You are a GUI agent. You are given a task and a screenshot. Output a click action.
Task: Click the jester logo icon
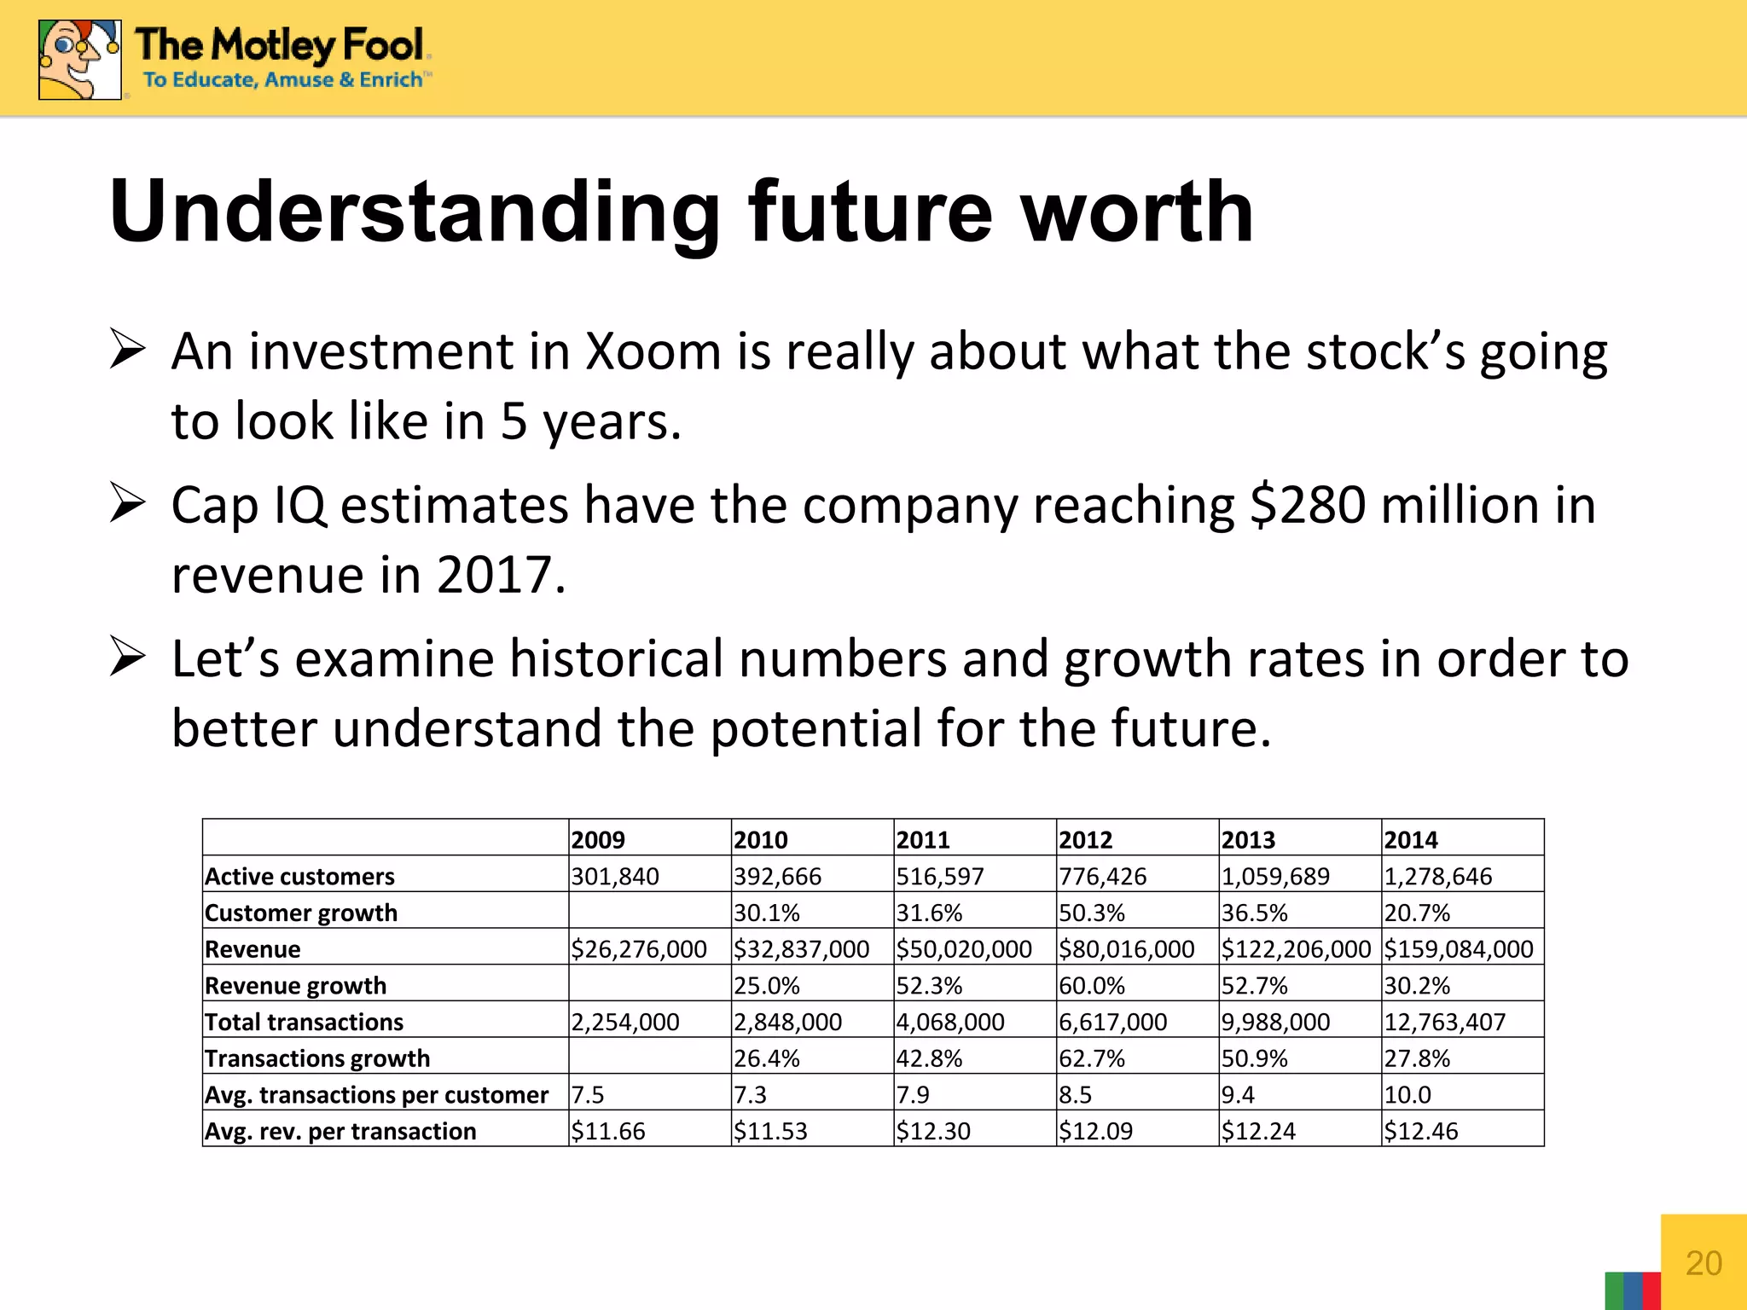(x=79, y=60)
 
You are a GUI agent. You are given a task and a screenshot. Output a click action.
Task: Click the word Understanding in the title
(x=415, y=212)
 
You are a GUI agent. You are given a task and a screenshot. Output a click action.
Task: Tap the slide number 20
(x=1703, y=1263)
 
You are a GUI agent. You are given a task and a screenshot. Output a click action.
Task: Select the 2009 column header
(x=598, y=840)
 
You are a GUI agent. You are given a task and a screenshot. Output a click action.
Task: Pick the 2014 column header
(x=1411, y=840)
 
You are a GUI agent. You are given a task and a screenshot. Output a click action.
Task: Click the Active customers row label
(x=299, y=877)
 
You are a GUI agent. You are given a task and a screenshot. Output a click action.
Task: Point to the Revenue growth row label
(x=295, y=986)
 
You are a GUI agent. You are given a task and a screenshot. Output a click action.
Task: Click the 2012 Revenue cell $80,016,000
(x=1126, y=949)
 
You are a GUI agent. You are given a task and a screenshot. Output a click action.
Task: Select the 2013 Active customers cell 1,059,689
(x=1275, y=877)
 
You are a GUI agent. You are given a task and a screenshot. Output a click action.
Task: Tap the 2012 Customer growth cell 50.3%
(x=1092, y=913)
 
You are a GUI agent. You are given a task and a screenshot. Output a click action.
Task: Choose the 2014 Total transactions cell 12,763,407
(x=1445, y=1023)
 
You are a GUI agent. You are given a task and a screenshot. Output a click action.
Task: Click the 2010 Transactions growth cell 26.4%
(x=767, y=1059)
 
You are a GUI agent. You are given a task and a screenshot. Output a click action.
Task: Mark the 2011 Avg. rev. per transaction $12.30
(x=933, y=1132)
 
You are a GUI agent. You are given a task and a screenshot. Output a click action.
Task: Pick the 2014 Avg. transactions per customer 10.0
(x=1407, y=1095)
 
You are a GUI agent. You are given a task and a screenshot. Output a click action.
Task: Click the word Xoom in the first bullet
(x=653, y=351)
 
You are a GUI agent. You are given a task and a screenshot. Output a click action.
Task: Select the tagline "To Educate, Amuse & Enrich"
(x=283, y=80)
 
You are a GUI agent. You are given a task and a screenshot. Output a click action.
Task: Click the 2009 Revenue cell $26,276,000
(x=639, y=949)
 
